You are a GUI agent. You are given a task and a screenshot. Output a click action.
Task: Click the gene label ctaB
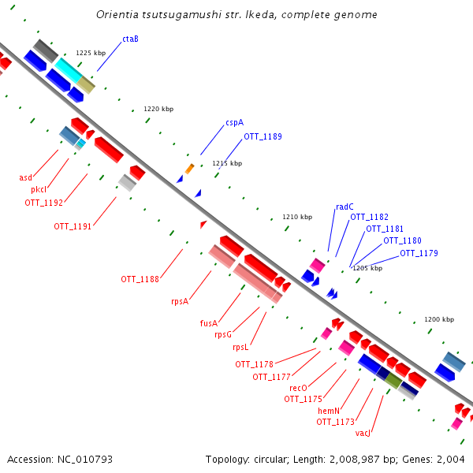(130, 39)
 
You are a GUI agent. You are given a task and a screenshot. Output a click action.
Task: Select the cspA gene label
(234, 122)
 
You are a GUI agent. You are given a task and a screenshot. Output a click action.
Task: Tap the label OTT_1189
(263, 136)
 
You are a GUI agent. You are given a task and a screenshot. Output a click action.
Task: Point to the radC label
(345, 207)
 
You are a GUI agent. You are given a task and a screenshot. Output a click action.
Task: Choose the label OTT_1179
(419, 253)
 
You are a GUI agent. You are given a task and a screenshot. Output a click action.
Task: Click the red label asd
(26, 177)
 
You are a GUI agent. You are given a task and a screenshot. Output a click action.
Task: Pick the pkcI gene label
(39, 190)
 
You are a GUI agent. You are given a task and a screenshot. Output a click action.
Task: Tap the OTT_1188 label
(140, 279)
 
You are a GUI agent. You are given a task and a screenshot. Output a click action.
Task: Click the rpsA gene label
(180, 300)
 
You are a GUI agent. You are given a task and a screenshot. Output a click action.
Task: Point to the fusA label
(208, 322)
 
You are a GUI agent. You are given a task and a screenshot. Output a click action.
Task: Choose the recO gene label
(298, 388)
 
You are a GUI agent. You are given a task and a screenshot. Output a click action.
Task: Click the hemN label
(329, 411)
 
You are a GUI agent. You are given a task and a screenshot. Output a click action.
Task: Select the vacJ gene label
(363, 433)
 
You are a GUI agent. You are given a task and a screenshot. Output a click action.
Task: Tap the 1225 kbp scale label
(91, 53)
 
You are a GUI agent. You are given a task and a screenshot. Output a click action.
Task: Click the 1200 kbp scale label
(439, 319)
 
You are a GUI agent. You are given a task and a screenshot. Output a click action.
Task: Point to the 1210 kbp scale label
(297, 217)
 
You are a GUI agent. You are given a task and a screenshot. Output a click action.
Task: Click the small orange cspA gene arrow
(189, 169)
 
